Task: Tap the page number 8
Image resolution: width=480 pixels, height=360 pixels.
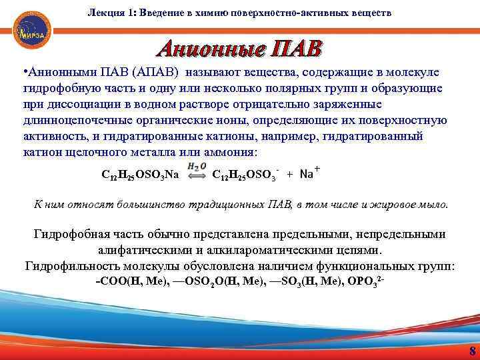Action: (x=472, y=351)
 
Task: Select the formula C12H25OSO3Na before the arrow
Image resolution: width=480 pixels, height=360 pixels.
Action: (x=140, y=175)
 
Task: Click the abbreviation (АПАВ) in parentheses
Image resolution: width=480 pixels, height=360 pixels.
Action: (x=155, y=72)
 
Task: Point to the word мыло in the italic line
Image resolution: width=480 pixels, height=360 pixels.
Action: (x=434, y=203)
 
